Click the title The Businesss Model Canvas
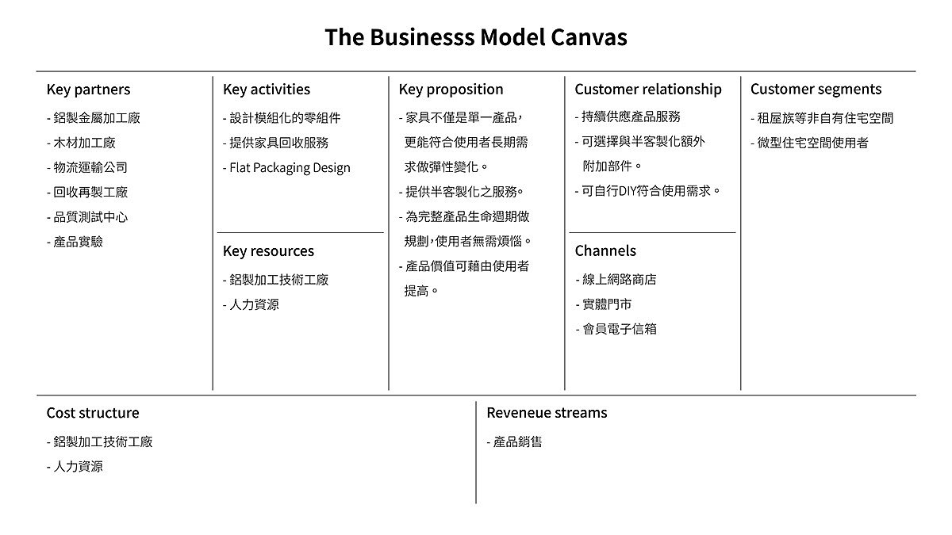(475, 37)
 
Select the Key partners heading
(88, 90)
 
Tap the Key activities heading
(267, 90)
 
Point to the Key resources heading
(268, 251)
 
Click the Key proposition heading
(451, 90)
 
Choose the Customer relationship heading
(648, 90)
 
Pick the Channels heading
(605, 251)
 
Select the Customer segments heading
(816, 90)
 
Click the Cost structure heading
(92, 413)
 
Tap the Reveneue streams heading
(547, 413)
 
